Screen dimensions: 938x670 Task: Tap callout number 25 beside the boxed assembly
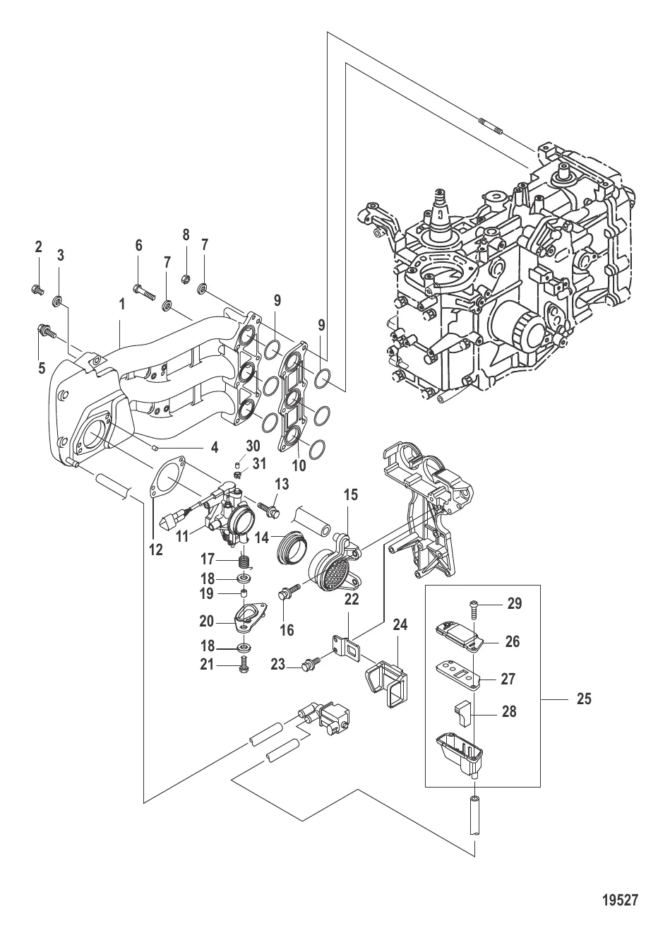coord(583,699)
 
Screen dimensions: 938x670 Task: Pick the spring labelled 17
coord(243,562)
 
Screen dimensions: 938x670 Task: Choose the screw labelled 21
coord(243,663)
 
